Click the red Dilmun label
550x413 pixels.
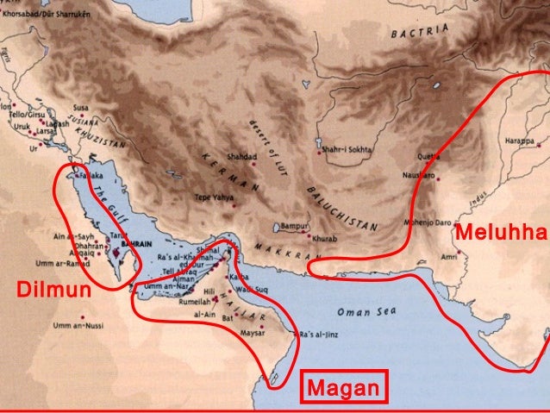pyautogui.click(x=53, y=290)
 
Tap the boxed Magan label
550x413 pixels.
pyautogui.click(x=344, y=389)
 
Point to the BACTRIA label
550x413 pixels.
pyautogui.click(x=420, y=33)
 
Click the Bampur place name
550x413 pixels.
pyautogui.click(x=292, y=226)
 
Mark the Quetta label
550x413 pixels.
pyautogui.click(x=428, y=157)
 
